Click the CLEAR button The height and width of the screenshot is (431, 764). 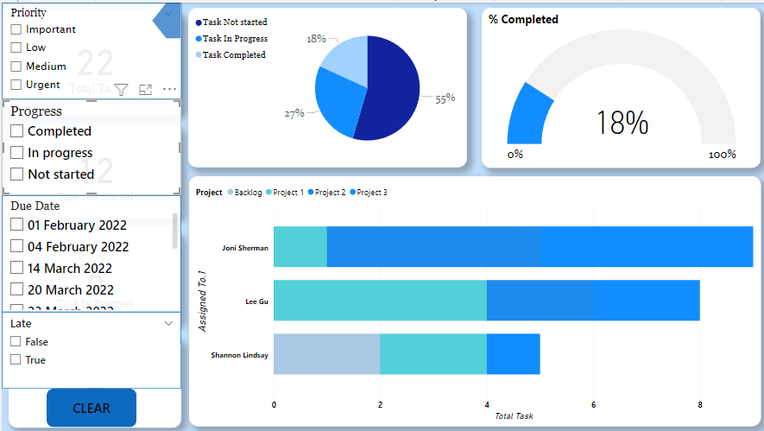[x=92, y=408]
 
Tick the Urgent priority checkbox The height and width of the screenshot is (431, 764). [x=16, y=85]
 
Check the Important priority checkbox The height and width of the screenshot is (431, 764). [x=16, y=29]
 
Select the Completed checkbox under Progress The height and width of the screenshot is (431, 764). [x=16, y=131]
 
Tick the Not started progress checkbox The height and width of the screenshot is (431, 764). [x=16, y=174]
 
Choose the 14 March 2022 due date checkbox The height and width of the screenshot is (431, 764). [x=16, y=269]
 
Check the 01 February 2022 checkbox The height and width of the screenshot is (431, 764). [x=16, y=225]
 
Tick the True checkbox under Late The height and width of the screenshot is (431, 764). [x=16, y=360]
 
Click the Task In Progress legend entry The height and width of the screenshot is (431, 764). [x=234, y=39]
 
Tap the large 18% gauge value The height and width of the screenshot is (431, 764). [x=622, y=124]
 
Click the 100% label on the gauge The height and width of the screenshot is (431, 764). [x=722, y=155]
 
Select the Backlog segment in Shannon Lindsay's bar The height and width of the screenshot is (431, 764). [x=326, y=354]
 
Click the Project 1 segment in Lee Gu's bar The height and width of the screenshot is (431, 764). [x=380, y=301]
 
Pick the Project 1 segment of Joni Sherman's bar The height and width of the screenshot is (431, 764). [x=300, y=247]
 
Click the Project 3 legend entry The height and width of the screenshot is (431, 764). [x=371, y=193]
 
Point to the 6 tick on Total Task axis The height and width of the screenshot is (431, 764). [x=593, y=404]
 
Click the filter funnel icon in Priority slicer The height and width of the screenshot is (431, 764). [x=122, y=89]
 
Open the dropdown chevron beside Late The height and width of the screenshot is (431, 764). [x=168, y=323]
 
